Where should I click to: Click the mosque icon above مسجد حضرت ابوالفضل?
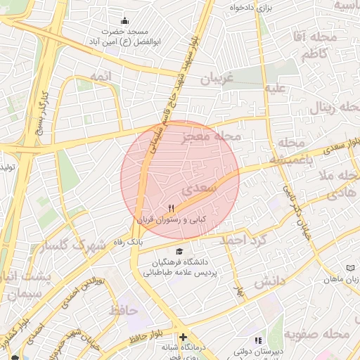click(x=125, y=20)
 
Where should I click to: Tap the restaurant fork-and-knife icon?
click(x=171, y=208)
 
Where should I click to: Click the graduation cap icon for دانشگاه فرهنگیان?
click(x=181, y=251)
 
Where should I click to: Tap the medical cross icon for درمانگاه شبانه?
click(x=184, y=337)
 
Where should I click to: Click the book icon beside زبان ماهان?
click(x=351, y=268)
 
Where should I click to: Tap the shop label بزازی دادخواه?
click(x=252, y=7)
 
